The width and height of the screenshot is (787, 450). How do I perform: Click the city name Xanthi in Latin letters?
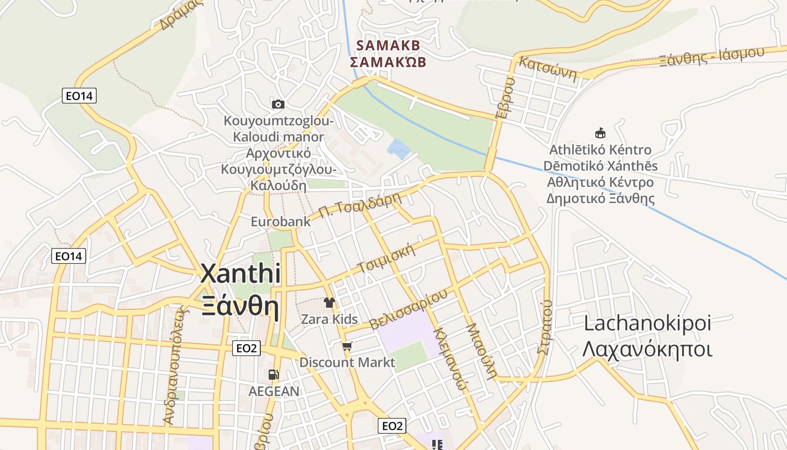coord(241,274)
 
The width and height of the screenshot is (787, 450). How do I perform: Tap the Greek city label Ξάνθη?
coord(241,307)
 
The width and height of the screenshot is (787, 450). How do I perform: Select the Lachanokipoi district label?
coord(648,323)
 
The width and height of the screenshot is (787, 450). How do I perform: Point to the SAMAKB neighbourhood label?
coord(388,45)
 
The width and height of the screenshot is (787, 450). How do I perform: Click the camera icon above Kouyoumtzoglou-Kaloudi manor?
coord(278,104)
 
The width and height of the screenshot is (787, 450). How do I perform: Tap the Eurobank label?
coord(281,222)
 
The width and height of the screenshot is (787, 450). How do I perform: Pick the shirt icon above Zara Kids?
coord(329,303)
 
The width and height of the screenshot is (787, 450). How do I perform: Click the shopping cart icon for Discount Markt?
coord(347,346)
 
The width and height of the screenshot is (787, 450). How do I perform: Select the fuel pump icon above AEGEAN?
coord(273,374)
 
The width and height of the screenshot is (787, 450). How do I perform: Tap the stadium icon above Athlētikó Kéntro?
coord(600,133)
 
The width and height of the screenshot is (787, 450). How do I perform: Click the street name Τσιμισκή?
coord(387,258)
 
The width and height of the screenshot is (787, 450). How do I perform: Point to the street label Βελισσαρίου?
coord(409,309)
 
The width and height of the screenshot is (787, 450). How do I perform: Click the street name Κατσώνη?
coord(548,69)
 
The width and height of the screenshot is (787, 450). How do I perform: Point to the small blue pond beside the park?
coord(398,148)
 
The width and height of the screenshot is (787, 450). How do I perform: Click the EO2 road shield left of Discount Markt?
coord(246,349)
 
